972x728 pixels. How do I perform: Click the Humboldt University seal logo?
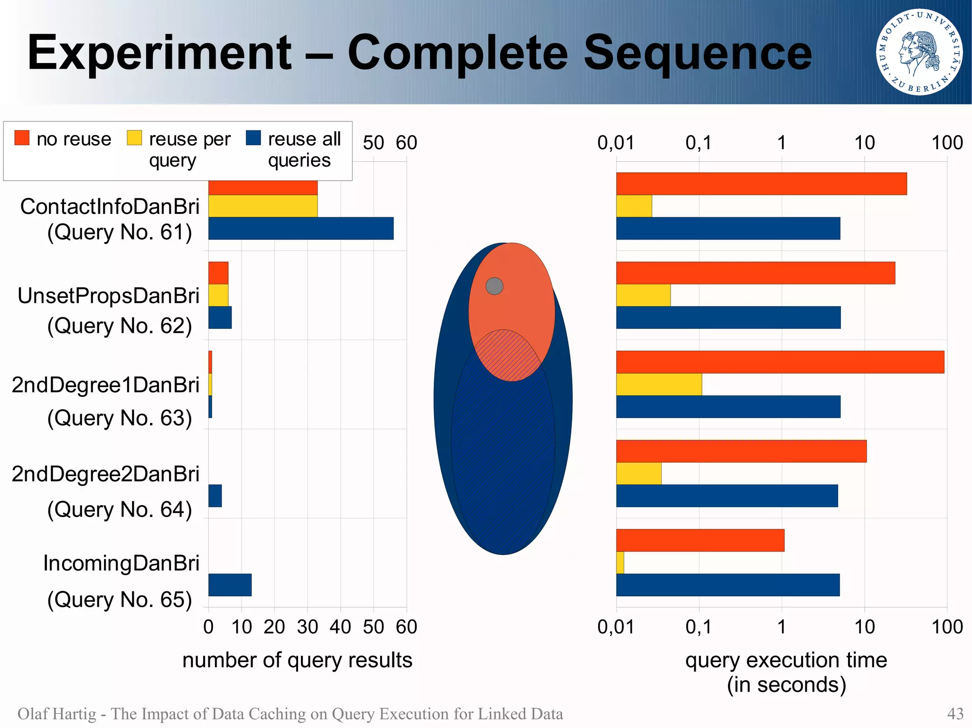[919, 52]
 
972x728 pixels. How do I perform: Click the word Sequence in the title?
[697, 53]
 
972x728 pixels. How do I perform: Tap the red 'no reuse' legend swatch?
[22, 138]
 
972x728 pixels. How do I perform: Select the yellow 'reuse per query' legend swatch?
[134, 138]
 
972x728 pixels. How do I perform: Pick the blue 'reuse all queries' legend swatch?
[253, 138]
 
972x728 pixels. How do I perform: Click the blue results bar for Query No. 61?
[300, 228]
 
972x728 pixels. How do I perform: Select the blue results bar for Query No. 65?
[230, 585]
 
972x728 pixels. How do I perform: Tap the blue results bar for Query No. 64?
[215, 496]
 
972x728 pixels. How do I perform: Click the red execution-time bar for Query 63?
[780, 362]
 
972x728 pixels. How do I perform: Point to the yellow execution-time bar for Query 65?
[620, 562]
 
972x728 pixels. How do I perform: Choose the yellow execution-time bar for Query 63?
[659, 384]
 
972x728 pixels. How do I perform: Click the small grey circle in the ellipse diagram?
[494, 286]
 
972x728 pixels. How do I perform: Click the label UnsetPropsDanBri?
[108, 295]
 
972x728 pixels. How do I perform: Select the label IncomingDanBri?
[121, 563]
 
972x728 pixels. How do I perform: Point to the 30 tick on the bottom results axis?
[307, 627]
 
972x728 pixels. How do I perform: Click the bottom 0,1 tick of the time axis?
[699, 627]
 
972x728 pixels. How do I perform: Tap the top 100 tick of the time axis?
[947, 143]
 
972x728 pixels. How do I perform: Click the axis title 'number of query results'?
[297, 660]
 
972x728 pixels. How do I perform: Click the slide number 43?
[955, 714]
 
